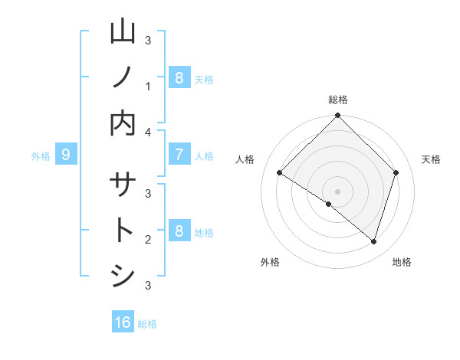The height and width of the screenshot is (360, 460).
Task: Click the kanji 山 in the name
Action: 123,32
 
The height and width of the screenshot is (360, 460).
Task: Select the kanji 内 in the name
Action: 123,122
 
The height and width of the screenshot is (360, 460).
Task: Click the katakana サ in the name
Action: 123,186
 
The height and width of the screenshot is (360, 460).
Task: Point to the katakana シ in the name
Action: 123,276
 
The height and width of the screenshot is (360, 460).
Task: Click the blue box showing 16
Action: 123,322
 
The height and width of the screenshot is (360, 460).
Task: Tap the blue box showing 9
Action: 66,155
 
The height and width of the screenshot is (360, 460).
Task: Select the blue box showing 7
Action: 179,155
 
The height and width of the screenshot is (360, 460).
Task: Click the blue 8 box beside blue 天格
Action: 179,78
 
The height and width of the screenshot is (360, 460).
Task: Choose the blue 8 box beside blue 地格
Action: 179,231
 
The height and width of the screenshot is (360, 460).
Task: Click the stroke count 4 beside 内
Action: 148,132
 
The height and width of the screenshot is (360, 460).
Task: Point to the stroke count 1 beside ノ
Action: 148,87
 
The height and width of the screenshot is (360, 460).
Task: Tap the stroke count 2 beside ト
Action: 148,240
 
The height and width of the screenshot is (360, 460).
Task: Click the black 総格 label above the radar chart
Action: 338,100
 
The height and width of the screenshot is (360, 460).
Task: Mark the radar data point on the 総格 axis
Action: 337,116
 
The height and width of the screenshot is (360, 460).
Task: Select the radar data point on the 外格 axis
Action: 329,204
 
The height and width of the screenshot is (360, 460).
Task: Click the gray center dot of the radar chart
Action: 337,191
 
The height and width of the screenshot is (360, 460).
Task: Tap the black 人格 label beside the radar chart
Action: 245,159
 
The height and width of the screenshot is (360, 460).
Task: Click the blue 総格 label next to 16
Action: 147,324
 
